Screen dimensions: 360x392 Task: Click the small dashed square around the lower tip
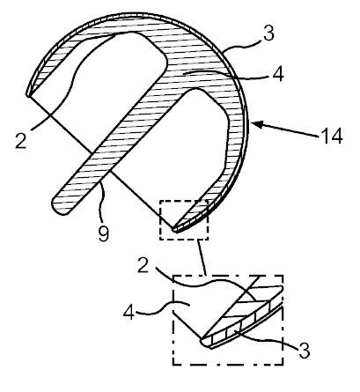click(x=184, y=218)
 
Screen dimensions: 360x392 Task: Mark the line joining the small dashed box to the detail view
click(x=202, y=257)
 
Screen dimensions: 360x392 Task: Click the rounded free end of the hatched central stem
click(x=61, y=208)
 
